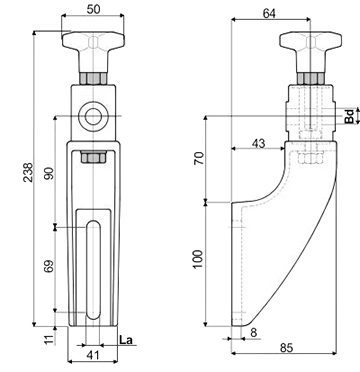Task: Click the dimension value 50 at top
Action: [93, 9]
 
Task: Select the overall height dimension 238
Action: [29, 172]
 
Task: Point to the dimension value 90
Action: [49, 173]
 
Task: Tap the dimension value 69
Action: [49, 266]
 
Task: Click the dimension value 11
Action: [49, 339]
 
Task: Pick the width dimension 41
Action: [93, 355]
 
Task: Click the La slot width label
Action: [126, 340]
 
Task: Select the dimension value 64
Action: [269, 13]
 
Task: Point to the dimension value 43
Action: [258, 143]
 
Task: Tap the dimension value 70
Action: [199, 158]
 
